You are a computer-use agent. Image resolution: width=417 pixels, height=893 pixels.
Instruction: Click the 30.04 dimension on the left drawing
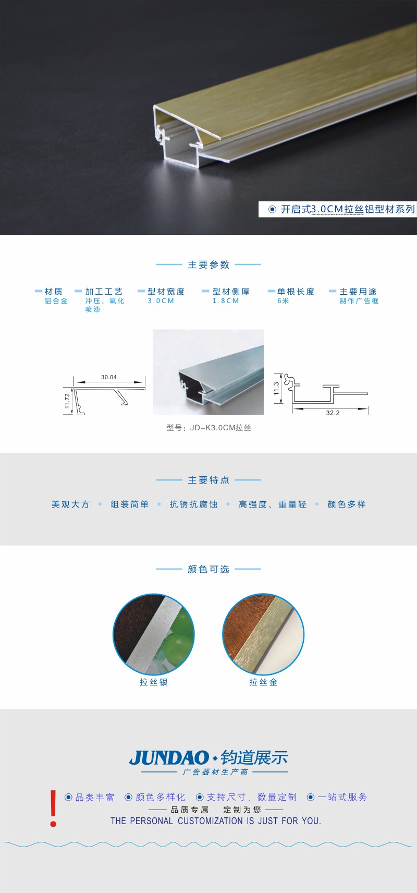pos(109,377)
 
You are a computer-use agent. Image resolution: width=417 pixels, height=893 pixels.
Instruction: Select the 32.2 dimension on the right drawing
pos(333,413)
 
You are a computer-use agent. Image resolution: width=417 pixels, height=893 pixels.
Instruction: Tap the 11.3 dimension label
pos(276,389)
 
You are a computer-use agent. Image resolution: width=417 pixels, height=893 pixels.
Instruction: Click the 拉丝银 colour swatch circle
pos(154,634)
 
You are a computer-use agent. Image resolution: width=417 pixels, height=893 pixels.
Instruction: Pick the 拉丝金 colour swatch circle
pos(263,634)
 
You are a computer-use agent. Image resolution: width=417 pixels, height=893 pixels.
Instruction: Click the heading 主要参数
pos(208,265)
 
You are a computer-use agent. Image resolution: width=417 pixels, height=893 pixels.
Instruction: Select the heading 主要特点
pos(208,480)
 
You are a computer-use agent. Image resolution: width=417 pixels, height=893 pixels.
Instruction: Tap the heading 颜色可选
pos(208,570)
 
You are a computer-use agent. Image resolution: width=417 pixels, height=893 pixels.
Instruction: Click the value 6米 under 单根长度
pos(283,301)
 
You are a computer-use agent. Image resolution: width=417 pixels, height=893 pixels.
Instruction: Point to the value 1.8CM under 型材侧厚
pos(226,301)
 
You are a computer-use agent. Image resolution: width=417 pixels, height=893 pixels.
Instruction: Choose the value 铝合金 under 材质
pos(56,301)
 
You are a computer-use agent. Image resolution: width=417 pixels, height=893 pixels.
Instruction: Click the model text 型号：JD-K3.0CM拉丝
pos(208,428)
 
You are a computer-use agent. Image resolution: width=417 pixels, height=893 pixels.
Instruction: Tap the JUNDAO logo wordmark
pos(169,758)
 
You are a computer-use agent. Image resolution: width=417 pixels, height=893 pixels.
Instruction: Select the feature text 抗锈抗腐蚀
pos(193,504)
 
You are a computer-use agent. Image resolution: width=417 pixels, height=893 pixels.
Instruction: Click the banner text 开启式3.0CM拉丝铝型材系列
pos(348,210)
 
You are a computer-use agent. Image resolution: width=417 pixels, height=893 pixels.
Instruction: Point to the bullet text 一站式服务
pos(342,797)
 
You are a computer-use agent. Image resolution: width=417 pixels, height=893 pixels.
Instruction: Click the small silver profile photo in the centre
pos(208,372)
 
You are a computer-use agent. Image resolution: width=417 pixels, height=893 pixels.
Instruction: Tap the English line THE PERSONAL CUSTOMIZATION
pos(216,821)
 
